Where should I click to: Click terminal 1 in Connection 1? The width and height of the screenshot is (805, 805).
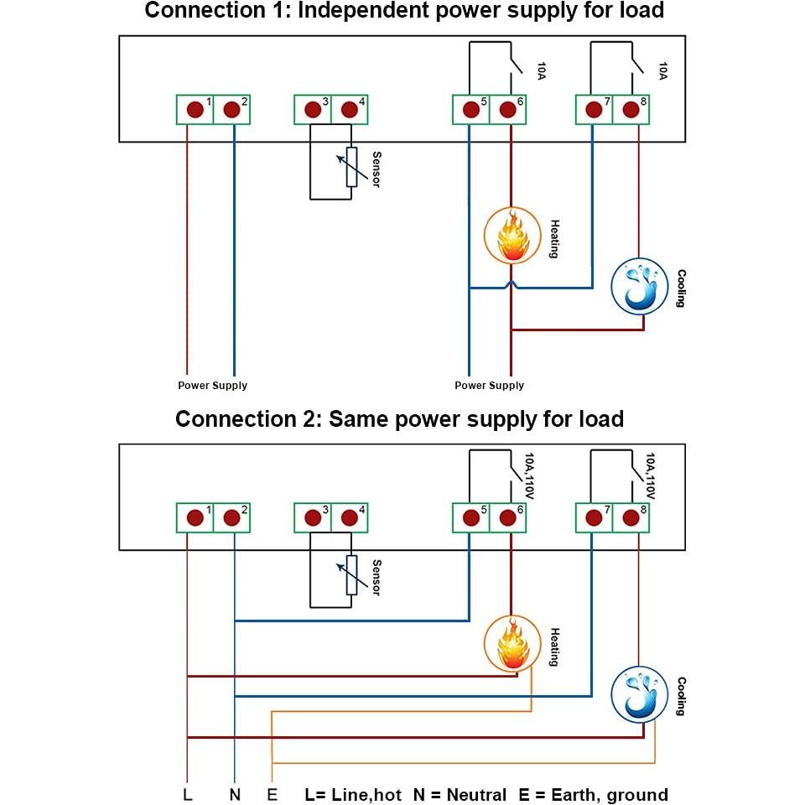click(195, 110)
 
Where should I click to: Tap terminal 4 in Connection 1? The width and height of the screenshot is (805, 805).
click(350, 110)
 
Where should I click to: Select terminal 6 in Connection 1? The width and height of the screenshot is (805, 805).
click(507, 110)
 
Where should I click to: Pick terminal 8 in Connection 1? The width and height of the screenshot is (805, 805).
click(631, 110)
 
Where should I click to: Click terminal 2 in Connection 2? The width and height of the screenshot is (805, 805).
click(232, 517)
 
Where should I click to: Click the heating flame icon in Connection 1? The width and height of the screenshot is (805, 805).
click(510, 236)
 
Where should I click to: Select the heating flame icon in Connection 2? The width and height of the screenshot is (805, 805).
click(510, 644)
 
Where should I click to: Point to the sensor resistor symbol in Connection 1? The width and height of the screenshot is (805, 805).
click(351, 167)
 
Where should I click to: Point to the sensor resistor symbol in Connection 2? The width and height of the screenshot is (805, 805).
click(351, 575)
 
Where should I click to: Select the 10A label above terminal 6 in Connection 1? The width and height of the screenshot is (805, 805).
click(541, 70)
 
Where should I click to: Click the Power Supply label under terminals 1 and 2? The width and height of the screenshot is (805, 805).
click(212, 386)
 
